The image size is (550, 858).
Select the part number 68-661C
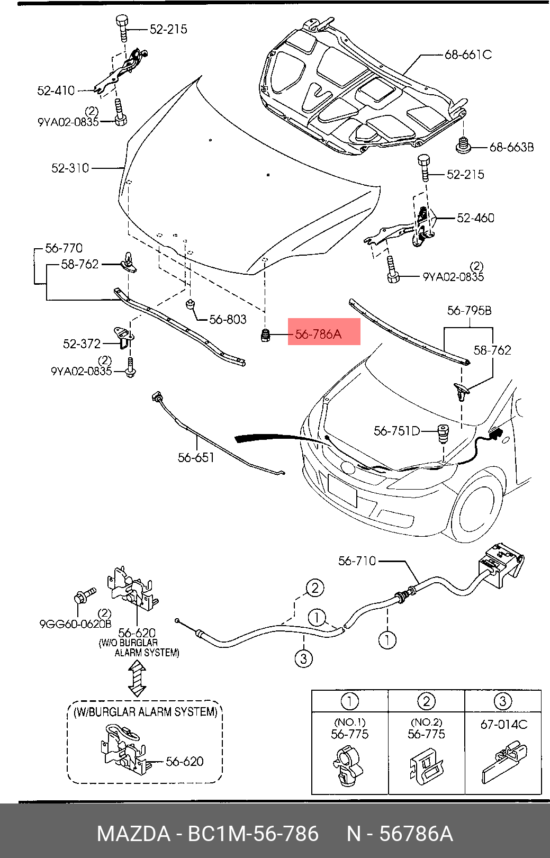(x=467, y=55)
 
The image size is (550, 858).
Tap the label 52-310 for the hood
(x=70, y=168)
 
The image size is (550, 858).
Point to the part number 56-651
(x=196, y=457)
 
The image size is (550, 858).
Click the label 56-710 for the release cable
(x=357, y=561)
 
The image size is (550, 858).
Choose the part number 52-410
(x=56, y=91)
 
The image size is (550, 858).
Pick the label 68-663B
(x=511, y=147)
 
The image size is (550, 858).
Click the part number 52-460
(x=475, y=218)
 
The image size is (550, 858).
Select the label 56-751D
(x=396, y=431)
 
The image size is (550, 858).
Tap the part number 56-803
(x=228, y=319)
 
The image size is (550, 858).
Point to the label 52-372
(x=82, y=344)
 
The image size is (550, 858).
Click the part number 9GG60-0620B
(x=75, y=624)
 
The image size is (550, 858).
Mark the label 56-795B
(x=469, y=310)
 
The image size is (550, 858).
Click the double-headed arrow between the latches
(x=137, y=679)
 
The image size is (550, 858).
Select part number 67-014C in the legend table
(x=503, y=725)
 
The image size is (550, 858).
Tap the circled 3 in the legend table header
(x=502, y=701)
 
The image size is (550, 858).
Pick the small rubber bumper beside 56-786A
(x=266, y=336)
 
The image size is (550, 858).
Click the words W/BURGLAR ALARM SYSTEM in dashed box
(x=145, y=712)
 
